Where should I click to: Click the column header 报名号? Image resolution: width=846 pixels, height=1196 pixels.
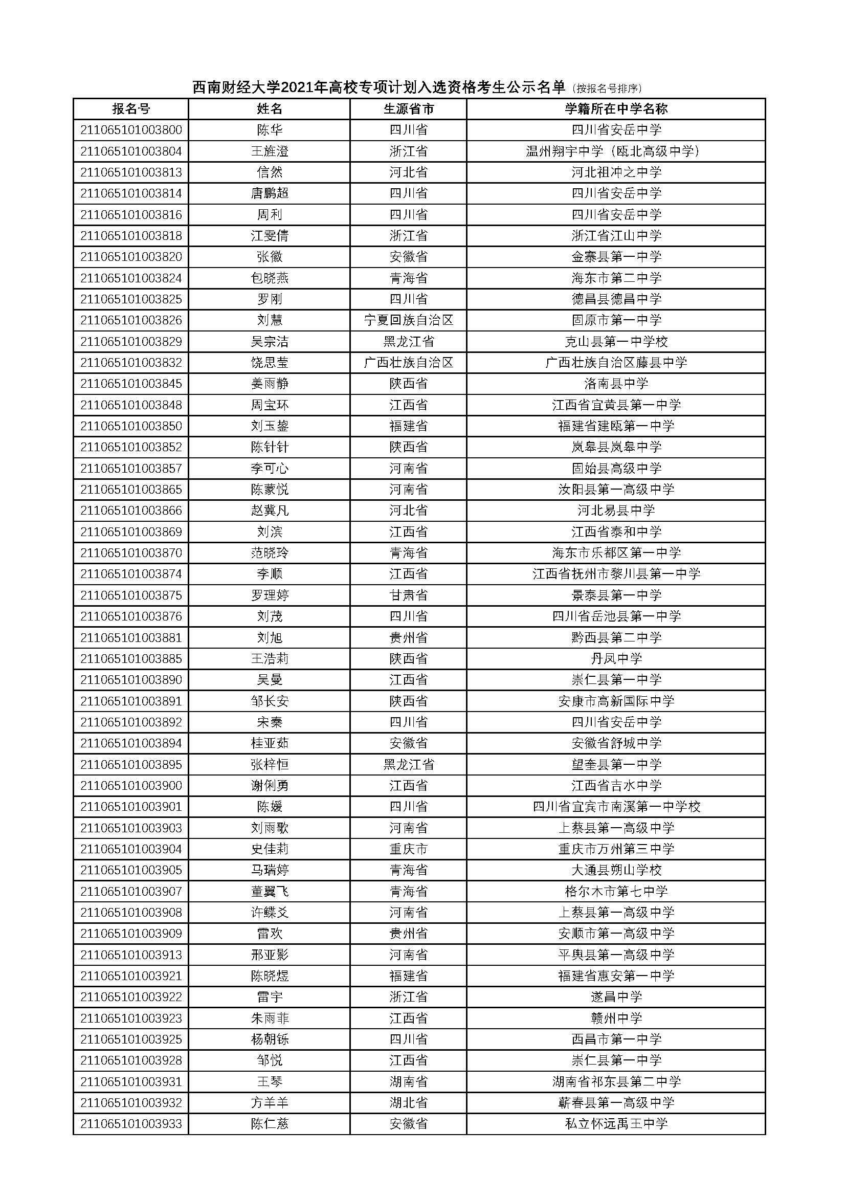[131, 109]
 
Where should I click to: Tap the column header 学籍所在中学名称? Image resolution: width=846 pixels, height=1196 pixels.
[616, 109]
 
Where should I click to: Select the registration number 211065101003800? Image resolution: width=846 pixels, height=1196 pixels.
[131, 130]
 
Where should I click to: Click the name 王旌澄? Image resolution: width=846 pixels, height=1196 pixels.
[270, 151]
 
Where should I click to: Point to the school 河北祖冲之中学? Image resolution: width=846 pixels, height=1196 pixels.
[616, 172]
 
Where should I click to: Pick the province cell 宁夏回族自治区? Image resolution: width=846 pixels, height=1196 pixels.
[408, 320]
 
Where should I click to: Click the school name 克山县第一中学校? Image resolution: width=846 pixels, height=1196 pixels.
[616, 341]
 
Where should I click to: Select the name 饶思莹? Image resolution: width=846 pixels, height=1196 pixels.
[270, 363]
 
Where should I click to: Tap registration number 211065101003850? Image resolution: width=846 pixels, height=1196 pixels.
[131, 426]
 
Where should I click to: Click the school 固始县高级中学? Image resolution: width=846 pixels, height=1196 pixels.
[616, 468]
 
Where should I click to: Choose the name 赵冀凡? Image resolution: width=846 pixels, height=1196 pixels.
[270, 511]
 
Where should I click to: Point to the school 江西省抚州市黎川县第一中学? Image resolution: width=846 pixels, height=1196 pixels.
[616, 574]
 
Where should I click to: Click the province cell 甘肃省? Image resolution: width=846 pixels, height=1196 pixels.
[408, 595]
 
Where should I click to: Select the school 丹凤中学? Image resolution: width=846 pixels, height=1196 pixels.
[616, 658]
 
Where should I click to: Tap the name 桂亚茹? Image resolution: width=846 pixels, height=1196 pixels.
[270, 743]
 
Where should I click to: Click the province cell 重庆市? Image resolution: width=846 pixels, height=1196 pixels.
[408, 849]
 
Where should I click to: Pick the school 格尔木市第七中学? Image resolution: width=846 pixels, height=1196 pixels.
[616, 891]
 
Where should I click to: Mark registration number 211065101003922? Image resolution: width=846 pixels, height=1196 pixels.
[131, 997]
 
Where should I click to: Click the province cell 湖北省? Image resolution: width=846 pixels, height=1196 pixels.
[408, 1103]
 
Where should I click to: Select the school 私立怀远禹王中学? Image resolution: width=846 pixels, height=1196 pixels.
[616, 1124]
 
